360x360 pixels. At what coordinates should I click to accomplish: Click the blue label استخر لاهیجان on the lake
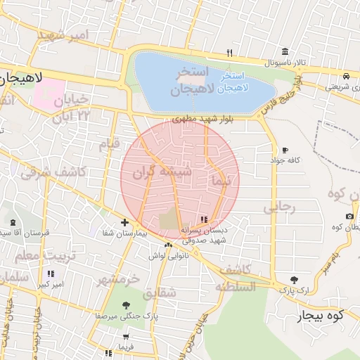[231, 82]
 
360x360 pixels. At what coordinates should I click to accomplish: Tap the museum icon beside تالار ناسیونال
[285, 52]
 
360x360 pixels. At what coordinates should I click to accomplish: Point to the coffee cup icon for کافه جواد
[285, 150]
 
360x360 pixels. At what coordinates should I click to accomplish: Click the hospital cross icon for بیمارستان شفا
[124, 222]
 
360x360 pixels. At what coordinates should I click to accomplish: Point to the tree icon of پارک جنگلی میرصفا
[126, 305]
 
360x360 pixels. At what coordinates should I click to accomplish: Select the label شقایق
[160, 292]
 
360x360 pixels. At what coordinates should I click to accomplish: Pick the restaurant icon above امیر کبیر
[50, 274]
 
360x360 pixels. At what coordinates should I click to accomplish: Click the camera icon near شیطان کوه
[349, 216]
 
